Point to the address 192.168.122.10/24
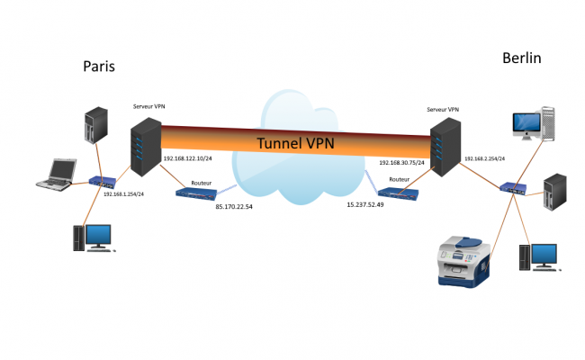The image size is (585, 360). tap(188, 159)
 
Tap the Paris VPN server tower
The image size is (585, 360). tap(145, 148)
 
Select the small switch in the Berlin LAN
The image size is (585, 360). tap(514, 188)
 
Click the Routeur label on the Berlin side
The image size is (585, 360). tap(400, 180)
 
